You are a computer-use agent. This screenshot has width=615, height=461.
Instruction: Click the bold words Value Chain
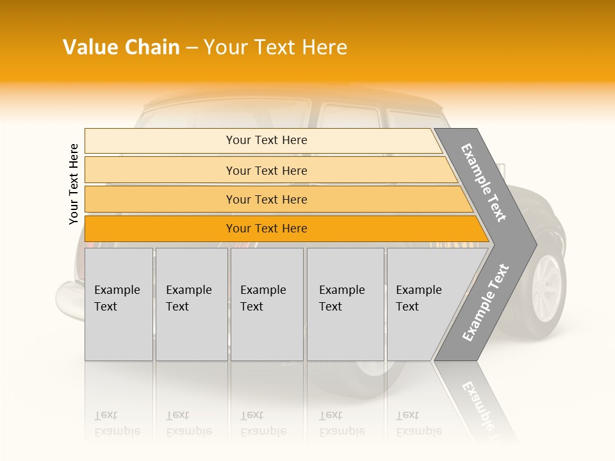pyautogui.click(x=121, y=47)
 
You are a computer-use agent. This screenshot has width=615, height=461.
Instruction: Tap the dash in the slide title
pyautogui.click(x=192, y=48)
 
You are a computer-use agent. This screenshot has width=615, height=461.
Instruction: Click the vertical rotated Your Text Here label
pyautogui.click(x=74, y=184)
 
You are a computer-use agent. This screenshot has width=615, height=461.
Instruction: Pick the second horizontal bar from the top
pyautogui.click(x=266, y=170)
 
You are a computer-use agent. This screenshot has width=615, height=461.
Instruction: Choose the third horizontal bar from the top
pyautogui.click(x=266, y=199)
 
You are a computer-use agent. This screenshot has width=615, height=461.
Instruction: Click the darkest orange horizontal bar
pyautogui.click(x=266, y=229)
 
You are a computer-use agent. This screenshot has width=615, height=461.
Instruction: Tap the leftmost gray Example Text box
pyautogui.click(x=119, y=304)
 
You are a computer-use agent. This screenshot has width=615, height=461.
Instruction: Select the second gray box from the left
pyautogui.click(x=192, y=304)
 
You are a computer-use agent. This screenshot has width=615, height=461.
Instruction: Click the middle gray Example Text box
pyautogui.click(x=266, y=304)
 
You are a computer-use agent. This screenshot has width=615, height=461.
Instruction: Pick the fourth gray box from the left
pyautogui.click(x=345, y=304)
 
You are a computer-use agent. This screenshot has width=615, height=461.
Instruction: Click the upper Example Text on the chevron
pyautogui.click(x=484, y=182)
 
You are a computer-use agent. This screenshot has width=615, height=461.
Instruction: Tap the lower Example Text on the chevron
pyautogui.click(x=485, y=303)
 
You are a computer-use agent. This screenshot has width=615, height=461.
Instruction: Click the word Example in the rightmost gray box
pyautogui.click(x=419, y=290)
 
